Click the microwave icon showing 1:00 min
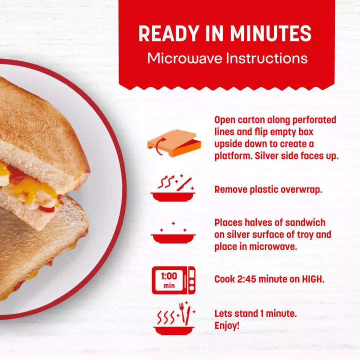coord(173,280)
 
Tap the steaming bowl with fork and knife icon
coord(173,318)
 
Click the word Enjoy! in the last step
coord(227,325)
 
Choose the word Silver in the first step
coord(267,156)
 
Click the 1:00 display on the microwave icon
coord(169,276)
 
